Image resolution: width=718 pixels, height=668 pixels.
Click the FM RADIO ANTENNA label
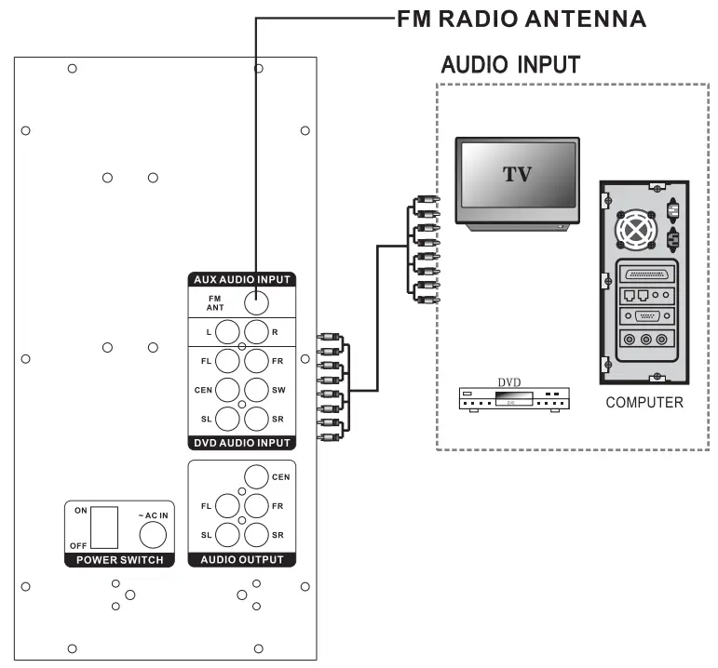point(521,18)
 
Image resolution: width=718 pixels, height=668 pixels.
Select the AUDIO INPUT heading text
point(509,65)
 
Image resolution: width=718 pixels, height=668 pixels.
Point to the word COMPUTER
point(644,403)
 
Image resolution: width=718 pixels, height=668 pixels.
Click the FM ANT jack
point(255,301)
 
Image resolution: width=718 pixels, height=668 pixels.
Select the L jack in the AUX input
point(229,331)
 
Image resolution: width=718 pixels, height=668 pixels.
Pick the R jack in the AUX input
point(256,331)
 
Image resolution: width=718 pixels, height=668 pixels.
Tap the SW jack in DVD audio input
point(256,390)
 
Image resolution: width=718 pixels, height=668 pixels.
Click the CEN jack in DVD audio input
point(229,390)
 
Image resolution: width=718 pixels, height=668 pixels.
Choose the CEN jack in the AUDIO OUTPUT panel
point(256,477)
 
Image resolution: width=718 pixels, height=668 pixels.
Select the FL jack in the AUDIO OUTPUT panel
point(229,506)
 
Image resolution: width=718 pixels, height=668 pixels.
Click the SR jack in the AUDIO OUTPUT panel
point(256,535)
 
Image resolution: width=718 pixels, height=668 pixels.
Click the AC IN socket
point(153,533)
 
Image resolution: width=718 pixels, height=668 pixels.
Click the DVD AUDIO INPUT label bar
point(242,443)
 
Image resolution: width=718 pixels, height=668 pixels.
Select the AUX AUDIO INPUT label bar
point(242,278)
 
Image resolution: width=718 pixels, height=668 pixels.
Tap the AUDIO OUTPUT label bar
point(242,560)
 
